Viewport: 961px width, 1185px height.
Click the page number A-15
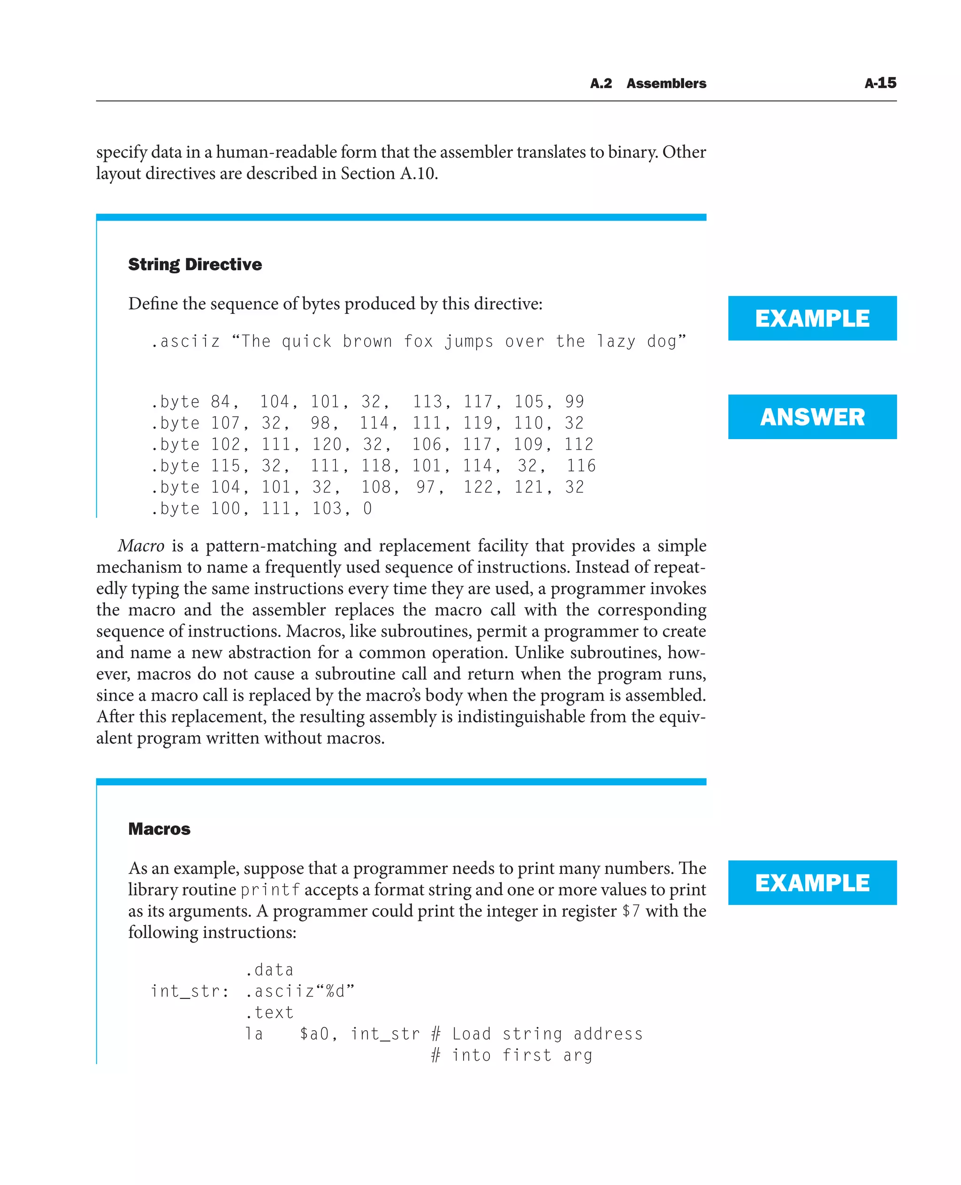[x=880, y=83]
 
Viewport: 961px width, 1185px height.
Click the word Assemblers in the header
[x=666, y=84]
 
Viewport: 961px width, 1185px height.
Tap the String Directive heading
[x=195, y=265]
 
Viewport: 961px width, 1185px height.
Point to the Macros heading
[x=160, y=828]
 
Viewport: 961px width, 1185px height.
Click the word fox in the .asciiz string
[x=418, y=342]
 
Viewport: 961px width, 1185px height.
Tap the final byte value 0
[x=367, y=509]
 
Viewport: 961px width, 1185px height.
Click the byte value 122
[x=478, y=487]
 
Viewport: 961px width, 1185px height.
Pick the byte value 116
[x=581, y=466]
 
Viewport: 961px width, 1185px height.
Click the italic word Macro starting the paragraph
[x=141, y=546]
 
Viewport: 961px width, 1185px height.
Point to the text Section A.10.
[x=388, y=174]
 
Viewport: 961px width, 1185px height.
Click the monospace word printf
[x=270, y=890]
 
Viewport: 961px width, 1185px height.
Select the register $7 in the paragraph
[x=631, y=911]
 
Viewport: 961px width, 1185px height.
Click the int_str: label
[x=190, y=991]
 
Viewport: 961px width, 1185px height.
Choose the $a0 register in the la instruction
[x=314, y=1034]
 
